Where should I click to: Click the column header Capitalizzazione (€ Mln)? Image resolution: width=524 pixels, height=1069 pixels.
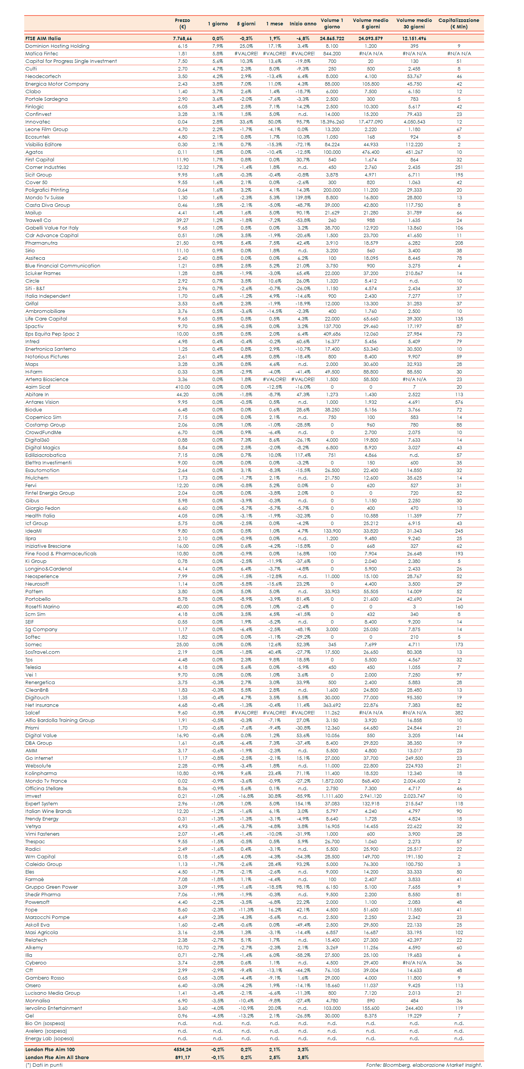pyautogui.click(x=458, y=23)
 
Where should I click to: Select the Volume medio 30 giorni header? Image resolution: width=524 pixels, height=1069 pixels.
pyautogui.click(x=414, y=23)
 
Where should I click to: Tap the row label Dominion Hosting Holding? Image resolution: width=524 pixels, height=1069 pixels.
pyautogui.click(x=57, y=46)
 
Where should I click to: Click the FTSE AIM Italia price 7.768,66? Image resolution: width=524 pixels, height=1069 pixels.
pyautogui.click(x=182, y=39)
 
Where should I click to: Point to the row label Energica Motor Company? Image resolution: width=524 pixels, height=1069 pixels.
pyautogui.click(x=57, y=84)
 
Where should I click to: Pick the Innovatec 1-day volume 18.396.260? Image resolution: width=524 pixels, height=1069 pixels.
pyautogui.click(x=332, y=122)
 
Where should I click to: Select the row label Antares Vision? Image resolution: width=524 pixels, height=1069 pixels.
pyautogui.click(x=42, y=402)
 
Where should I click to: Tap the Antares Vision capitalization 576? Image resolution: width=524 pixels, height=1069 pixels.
pyautogui.click(x=458, y=402)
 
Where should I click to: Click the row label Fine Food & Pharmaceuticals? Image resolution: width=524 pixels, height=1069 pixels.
pyautogui.click(x=61, y=553)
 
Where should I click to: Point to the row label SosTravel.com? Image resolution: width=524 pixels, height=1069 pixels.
pyautogui.click(x=42, y=652)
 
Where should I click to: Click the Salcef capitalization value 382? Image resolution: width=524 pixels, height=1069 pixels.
pyautogui.click(x=458, y=713)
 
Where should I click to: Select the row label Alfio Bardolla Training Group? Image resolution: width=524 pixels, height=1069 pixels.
pyautogui.click(x=60, y=720)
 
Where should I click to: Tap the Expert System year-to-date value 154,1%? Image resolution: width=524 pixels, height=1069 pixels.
pyautogui.click(x=303, y=804)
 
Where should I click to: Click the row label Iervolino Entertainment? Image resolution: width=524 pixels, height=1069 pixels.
pyautogui.click(x=53, y=1008)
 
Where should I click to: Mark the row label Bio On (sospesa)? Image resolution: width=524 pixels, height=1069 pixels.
pyautogui.click(x=45, y=1023)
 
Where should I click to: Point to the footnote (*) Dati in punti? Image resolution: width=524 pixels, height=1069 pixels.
pyautogui.click(x=44, y=1065)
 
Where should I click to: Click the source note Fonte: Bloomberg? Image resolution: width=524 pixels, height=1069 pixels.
pyautogui.click(x=424, y=1065)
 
